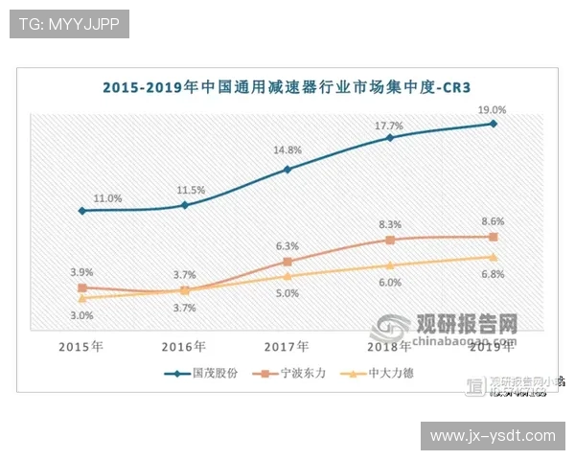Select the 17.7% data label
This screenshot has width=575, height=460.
pyautogui.click(x=388, y=126)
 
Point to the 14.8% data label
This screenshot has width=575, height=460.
pyautogui.click(x=287, y=150)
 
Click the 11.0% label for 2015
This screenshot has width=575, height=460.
pyautogui.click(x=107, y=198)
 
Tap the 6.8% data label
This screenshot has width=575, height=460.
pyautogui.click(x=493, y=274)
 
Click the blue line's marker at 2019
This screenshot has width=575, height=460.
pyautogui.click(x=493, y=124)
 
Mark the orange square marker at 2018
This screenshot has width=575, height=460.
pyautogui.click(x=389, y=240)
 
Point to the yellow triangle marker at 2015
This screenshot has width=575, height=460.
pyautogui.click(x=82, y=298)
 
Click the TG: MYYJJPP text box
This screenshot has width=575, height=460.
pyautogui.click(x=68, y=24)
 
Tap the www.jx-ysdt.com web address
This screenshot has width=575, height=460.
pyautogui.click(x=493, y=436)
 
